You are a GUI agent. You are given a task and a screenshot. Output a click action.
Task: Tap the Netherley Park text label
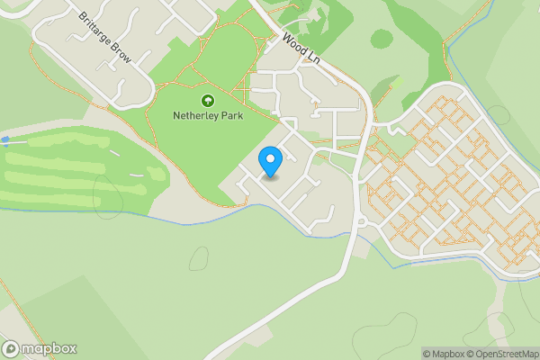pos(207,116)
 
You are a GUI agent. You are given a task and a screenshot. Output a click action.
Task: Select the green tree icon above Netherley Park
pos(207,101)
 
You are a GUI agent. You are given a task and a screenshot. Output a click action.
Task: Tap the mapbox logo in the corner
pos(40,348)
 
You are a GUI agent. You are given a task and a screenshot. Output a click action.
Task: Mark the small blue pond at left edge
pos(5,140)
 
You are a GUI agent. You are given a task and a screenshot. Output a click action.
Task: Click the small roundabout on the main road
pos(360,222)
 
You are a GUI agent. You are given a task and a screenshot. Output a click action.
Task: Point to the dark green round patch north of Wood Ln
pos(382,40)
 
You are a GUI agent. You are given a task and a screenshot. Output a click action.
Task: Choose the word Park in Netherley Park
pos(230,116)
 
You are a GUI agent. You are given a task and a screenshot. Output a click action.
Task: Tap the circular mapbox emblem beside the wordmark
pos(11,348)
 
